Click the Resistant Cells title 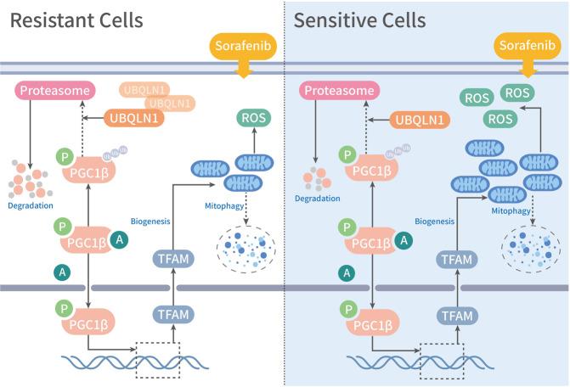(x=76, y=19)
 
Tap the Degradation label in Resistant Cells (x=31, y=205)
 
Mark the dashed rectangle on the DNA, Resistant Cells (x=157, y=361)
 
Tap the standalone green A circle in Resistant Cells (x=61, y=272)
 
